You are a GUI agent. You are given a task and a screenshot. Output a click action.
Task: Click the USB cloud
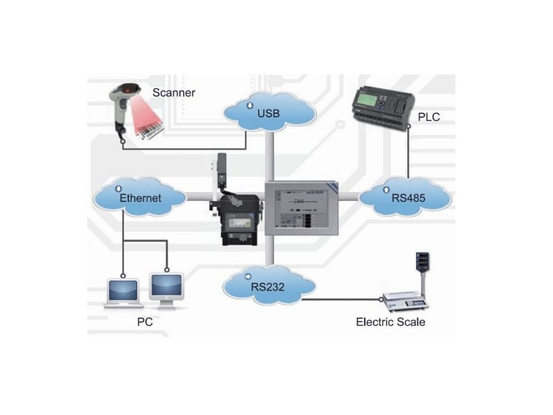270,112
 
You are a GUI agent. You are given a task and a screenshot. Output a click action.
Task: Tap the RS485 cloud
405,197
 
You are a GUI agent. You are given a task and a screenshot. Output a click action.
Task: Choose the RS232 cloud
269,285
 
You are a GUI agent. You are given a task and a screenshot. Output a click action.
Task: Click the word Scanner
174,93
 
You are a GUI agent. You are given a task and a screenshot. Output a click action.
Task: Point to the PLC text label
428,117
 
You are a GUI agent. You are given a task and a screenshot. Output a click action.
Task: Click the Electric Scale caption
390,322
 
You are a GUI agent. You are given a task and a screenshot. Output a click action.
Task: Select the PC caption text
145,322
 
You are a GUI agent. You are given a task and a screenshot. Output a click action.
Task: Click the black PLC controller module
379,108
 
